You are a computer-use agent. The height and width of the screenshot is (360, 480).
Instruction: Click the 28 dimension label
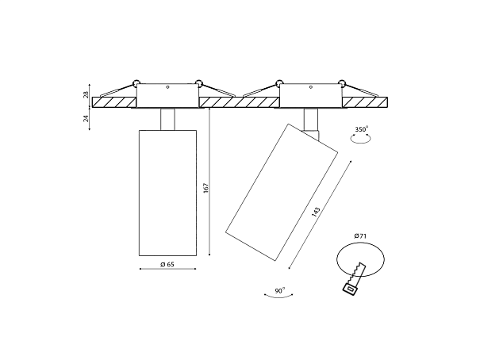86,94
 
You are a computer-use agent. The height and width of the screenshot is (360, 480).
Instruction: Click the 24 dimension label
86,118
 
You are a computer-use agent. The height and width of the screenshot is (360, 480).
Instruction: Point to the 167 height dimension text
205,188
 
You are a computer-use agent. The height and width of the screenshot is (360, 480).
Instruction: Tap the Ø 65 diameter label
167,264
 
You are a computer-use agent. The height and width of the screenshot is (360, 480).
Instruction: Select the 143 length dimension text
316,212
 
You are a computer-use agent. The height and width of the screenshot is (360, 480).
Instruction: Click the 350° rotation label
362,129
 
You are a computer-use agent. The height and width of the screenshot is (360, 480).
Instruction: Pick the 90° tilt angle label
279,290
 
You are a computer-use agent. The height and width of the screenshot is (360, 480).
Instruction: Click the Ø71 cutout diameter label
360,236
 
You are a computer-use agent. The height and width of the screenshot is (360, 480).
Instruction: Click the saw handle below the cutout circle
350,289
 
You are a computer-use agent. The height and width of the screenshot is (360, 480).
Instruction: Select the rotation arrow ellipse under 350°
361,139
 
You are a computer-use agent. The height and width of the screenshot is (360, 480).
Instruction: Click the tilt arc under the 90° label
278,297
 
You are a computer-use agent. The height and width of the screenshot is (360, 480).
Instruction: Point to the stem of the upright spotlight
167,119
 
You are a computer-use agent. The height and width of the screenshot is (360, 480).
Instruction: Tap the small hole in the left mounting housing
167,87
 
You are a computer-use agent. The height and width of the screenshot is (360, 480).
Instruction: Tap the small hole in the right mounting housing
311,87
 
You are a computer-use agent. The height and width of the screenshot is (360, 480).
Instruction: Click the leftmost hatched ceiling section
114,102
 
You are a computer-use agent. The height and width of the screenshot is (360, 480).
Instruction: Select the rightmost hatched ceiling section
365,102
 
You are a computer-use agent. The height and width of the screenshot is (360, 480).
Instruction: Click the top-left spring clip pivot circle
136,82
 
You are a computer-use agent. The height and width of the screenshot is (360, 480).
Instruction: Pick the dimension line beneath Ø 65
167,269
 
